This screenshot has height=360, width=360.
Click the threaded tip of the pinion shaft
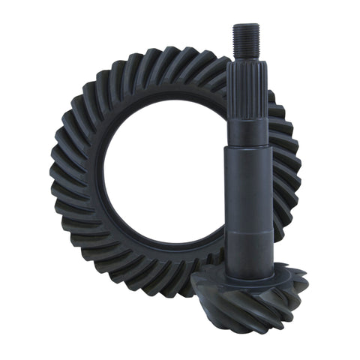(245, 39)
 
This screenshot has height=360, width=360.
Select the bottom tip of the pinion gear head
(259, 330)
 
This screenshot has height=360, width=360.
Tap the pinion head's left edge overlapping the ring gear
(196, 289)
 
